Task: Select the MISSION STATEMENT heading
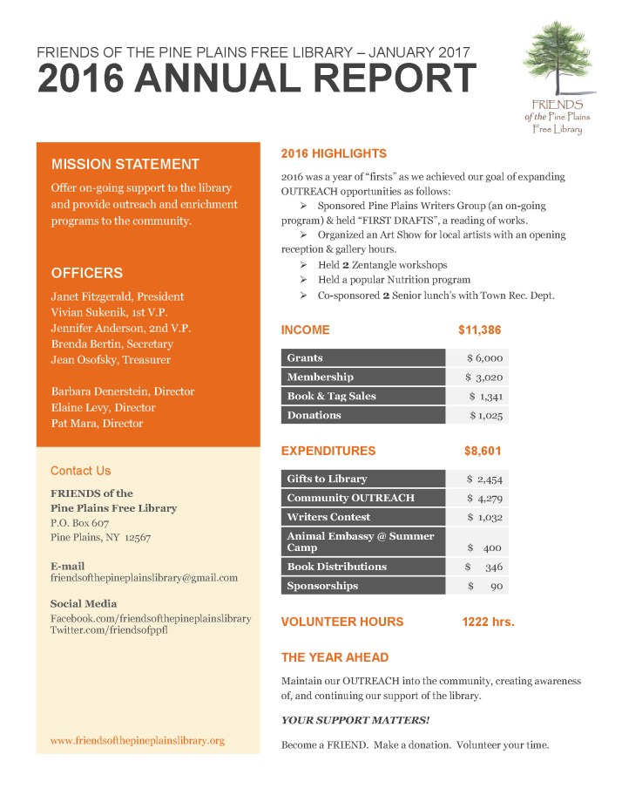point(125,164)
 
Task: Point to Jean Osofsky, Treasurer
point(111,360)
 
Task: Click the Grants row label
point(305,357)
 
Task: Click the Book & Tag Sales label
point(332,397)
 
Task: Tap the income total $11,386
point(479,330)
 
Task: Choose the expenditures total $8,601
point(483,452)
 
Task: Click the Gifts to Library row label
point(328,479)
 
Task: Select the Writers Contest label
point(328,517)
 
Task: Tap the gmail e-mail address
point(144,578)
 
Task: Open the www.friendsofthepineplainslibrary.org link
point(138,741)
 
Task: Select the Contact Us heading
point(81,471)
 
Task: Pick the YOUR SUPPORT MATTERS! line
point(355,721)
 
